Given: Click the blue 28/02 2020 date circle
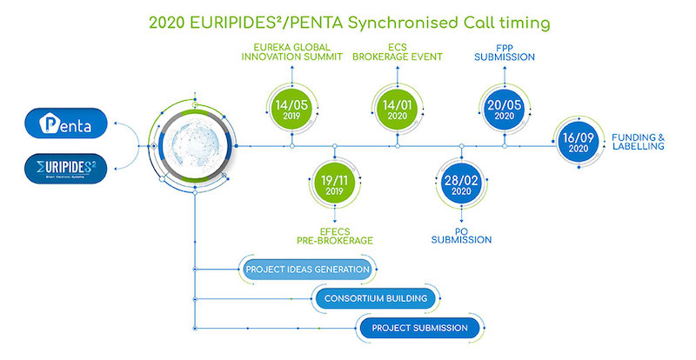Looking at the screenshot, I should click(x=460, y=185).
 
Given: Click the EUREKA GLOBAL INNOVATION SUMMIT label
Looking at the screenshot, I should click(x=288, y=50).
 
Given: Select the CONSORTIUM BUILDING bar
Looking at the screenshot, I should click(x=375, y=299).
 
